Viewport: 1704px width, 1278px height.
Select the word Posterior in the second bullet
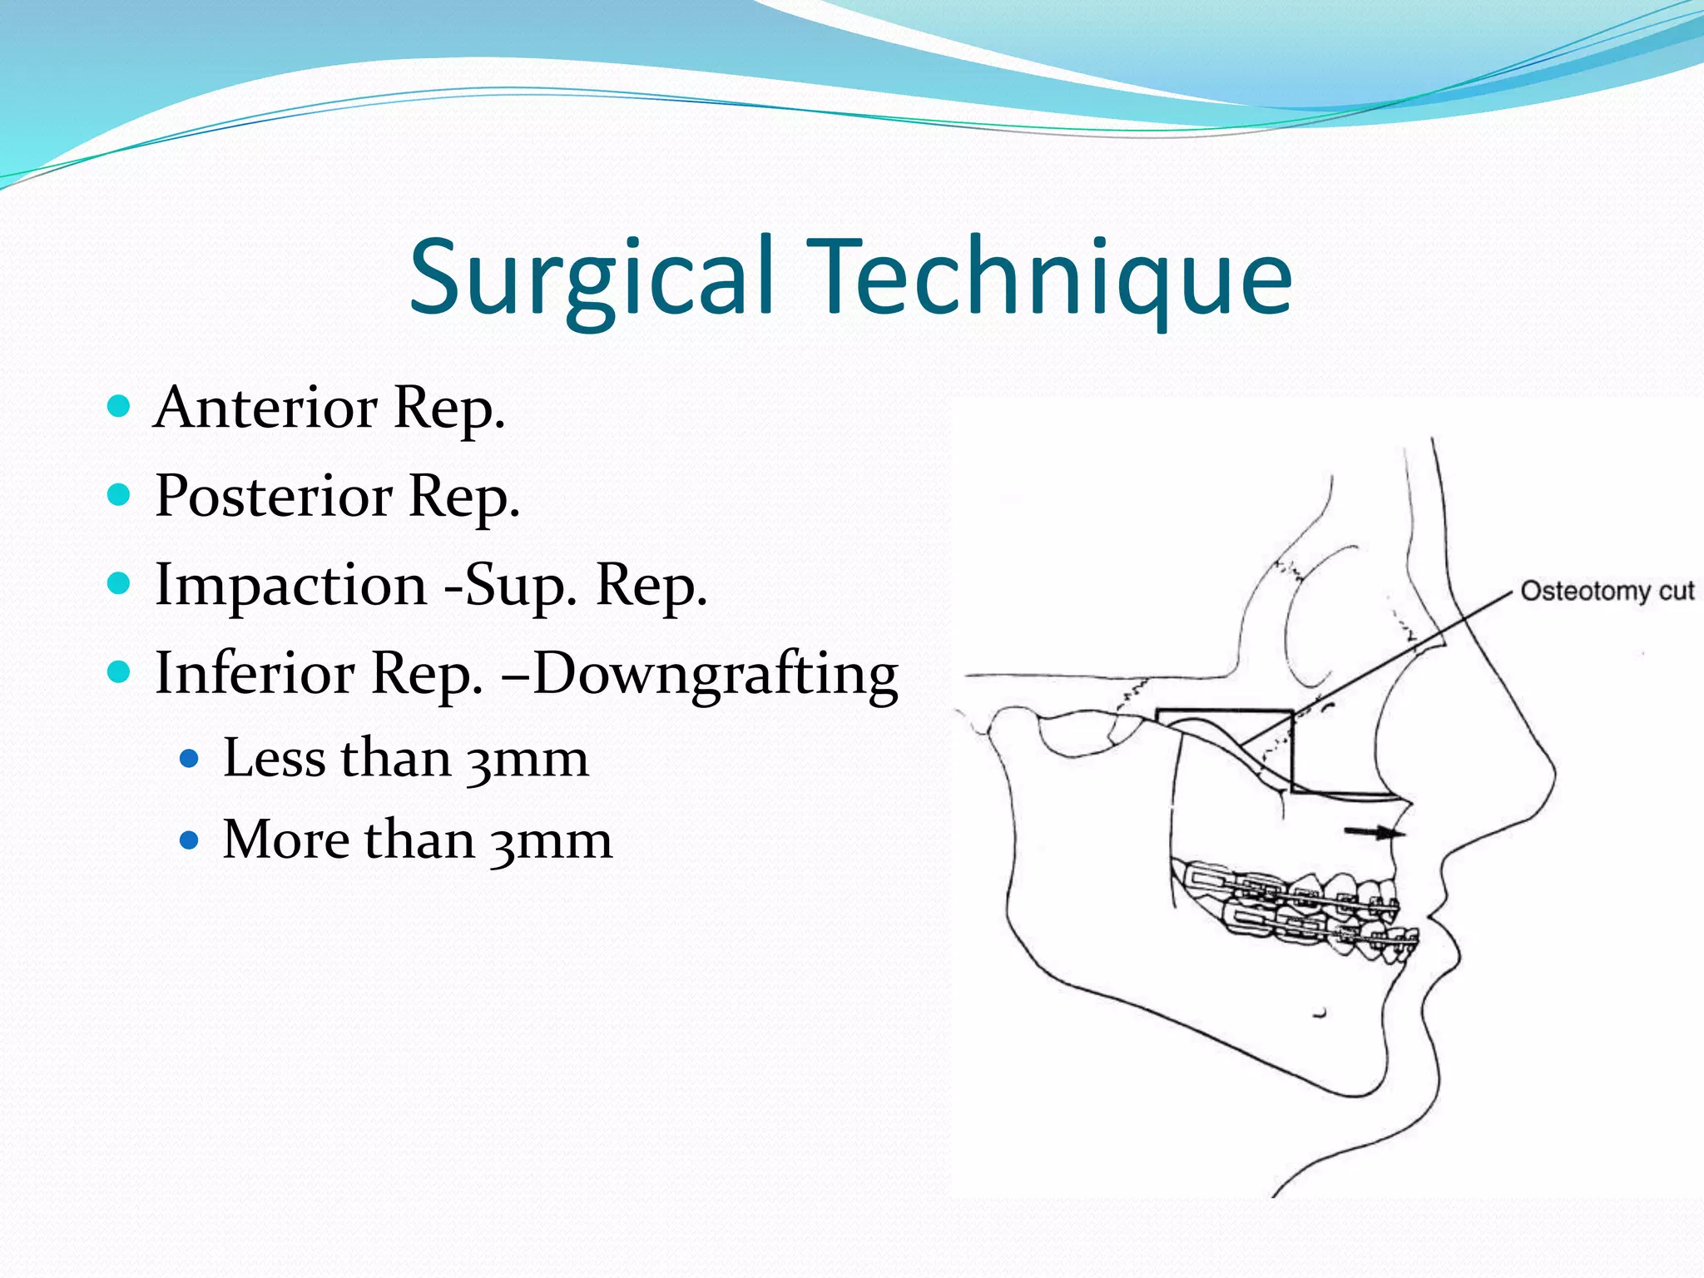tap(274, 497)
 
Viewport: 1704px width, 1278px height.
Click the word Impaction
tap(291, 586)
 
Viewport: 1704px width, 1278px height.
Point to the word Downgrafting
tap(716, 674)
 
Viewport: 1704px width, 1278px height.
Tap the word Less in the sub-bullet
tap(274, 759)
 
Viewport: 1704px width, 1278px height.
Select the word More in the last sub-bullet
tap(286, 840)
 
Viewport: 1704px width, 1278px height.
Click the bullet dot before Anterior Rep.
tap(120, 407)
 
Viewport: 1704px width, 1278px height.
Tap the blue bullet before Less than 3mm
tap(190, 759)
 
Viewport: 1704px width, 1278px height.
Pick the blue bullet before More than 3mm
tap(190, 840)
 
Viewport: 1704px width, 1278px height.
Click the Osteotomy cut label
tap(1606, 592)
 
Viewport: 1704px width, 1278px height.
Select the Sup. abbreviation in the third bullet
tap(520, 587)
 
